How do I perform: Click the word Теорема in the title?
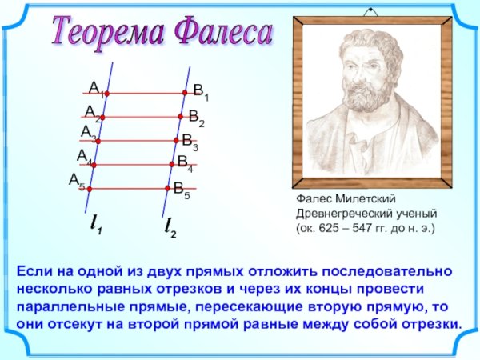[108, 33]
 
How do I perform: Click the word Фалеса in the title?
[223, 33]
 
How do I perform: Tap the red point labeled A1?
[106, 94]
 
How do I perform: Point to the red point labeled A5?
[90, 189]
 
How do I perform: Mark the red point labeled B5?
[169, 189]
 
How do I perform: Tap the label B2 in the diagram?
[196, 119]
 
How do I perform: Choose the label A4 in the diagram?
[84, 156]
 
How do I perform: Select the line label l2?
[170, 226]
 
